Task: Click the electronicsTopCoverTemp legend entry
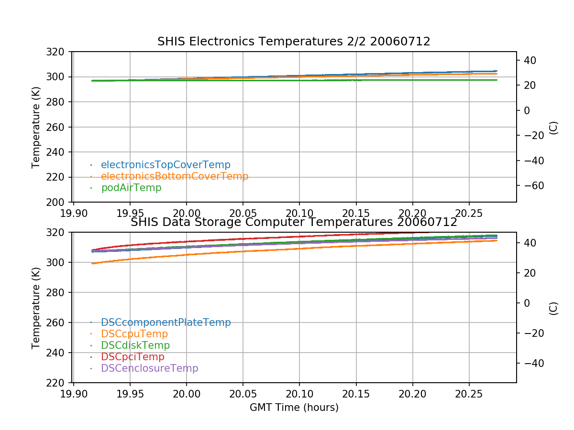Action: click(x=166, y=165)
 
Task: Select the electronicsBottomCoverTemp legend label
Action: click(x=175, y=176)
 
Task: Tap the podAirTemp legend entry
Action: click(x=131, y=188)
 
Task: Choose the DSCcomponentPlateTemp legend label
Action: click(x=166, y=322)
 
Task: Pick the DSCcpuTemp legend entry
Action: click(x=134, y=334)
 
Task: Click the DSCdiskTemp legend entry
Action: click(x=135, y=345)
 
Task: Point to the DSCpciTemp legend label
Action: click(x=132, y=357)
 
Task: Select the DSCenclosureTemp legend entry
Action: click(x=149, y=368)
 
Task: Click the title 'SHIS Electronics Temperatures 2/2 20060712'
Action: click(x=294, y=42)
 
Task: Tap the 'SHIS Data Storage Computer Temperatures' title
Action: click(x=294, y=222)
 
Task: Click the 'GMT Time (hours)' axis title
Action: click(x=294, y=408)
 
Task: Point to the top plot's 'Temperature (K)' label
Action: click(x=36, y=127)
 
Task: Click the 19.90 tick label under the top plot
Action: click(x=73, y=212)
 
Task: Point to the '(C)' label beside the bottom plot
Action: click(x=553, y=308)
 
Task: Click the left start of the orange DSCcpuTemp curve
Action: click(x=93, y=263)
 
